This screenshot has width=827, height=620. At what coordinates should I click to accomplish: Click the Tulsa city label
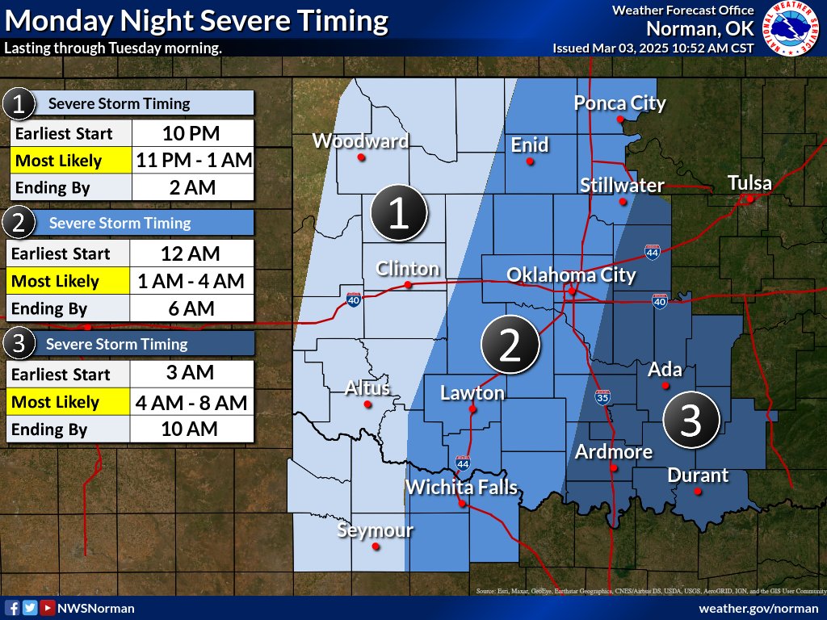749,182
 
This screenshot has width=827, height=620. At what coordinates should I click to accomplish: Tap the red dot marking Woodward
361,157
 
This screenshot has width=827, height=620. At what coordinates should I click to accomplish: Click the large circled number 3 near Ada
691,421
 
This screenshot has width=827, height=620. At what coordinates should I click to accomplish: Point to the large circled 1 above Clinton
399,214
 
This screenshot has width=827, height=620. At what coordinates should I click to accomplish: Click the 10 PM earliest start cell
192,133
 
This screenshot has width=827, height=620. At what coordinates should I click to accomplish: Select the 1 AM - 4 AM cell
192,281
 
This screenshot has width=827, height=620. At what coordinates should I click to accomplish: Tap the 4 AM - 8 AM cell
192,402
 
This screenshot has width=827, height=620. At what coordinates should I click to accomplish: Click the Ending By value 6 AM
192,308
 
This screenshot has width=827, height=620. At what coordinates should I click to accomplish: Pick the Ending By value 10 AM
192,429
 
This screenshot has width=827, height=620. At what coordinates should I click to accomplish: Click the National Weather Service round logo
791,29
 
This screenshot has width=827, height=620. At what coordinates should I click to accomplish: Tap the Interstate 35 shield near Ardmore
603,396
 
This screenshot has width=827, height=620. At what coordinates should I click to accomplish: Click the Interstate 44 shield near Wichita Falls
462,463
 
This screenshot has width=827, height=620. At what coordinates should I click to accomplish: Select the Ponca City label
619,103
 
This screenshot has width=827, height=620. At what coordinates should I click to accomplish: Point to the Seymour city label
375,530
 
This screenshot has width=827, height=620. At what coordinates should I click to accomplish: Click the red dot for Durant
698,491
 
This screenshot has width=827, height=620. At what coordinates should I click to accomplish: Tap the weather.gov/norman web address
758,608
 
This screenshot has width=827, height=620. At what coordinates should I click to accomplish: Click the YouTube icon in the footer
48,608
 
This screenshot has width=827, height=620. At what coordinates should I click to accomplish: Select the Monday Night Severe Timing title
195,20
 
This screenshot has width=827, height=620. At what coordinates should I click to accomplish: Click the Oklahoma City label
571,275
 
